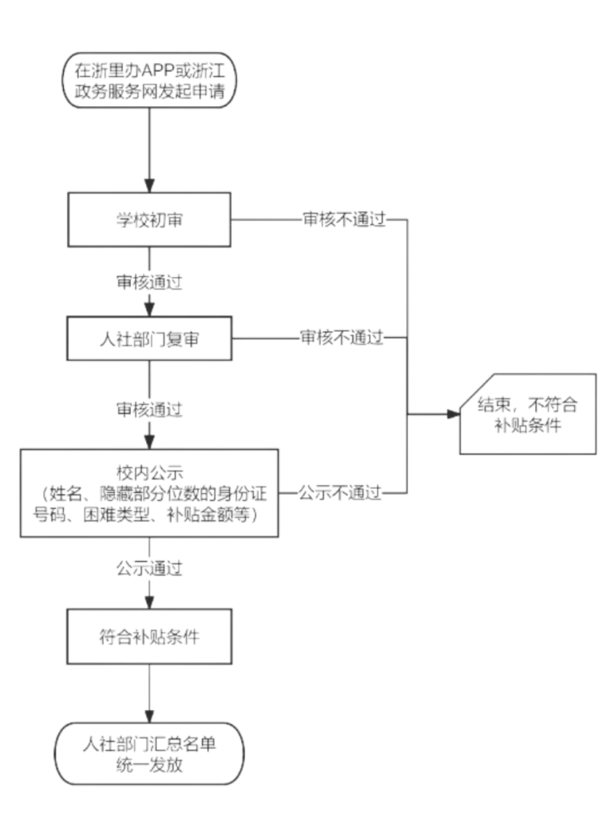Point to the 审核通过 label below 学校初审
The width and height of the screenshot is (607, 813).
(x=149, y=282)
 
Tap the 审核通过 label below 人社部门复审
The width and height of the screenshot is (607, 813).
(x=149, y=410)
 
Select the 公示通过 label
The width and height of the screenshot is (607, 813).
(x=149, y=569)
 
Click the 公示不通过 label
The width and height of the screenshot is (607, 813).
(x=340, y=493)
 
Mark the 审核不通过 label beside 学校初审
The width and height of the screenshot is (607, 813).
(x=345, y=219)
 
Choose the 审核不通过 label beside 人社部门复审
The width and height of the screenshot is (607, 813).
(x=341, y=338)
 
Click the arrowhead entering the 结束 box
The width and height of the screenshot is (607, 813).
(x=453, y=414)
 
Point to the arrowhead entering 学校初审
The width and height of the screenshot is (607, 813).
(x=149, y=186)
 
